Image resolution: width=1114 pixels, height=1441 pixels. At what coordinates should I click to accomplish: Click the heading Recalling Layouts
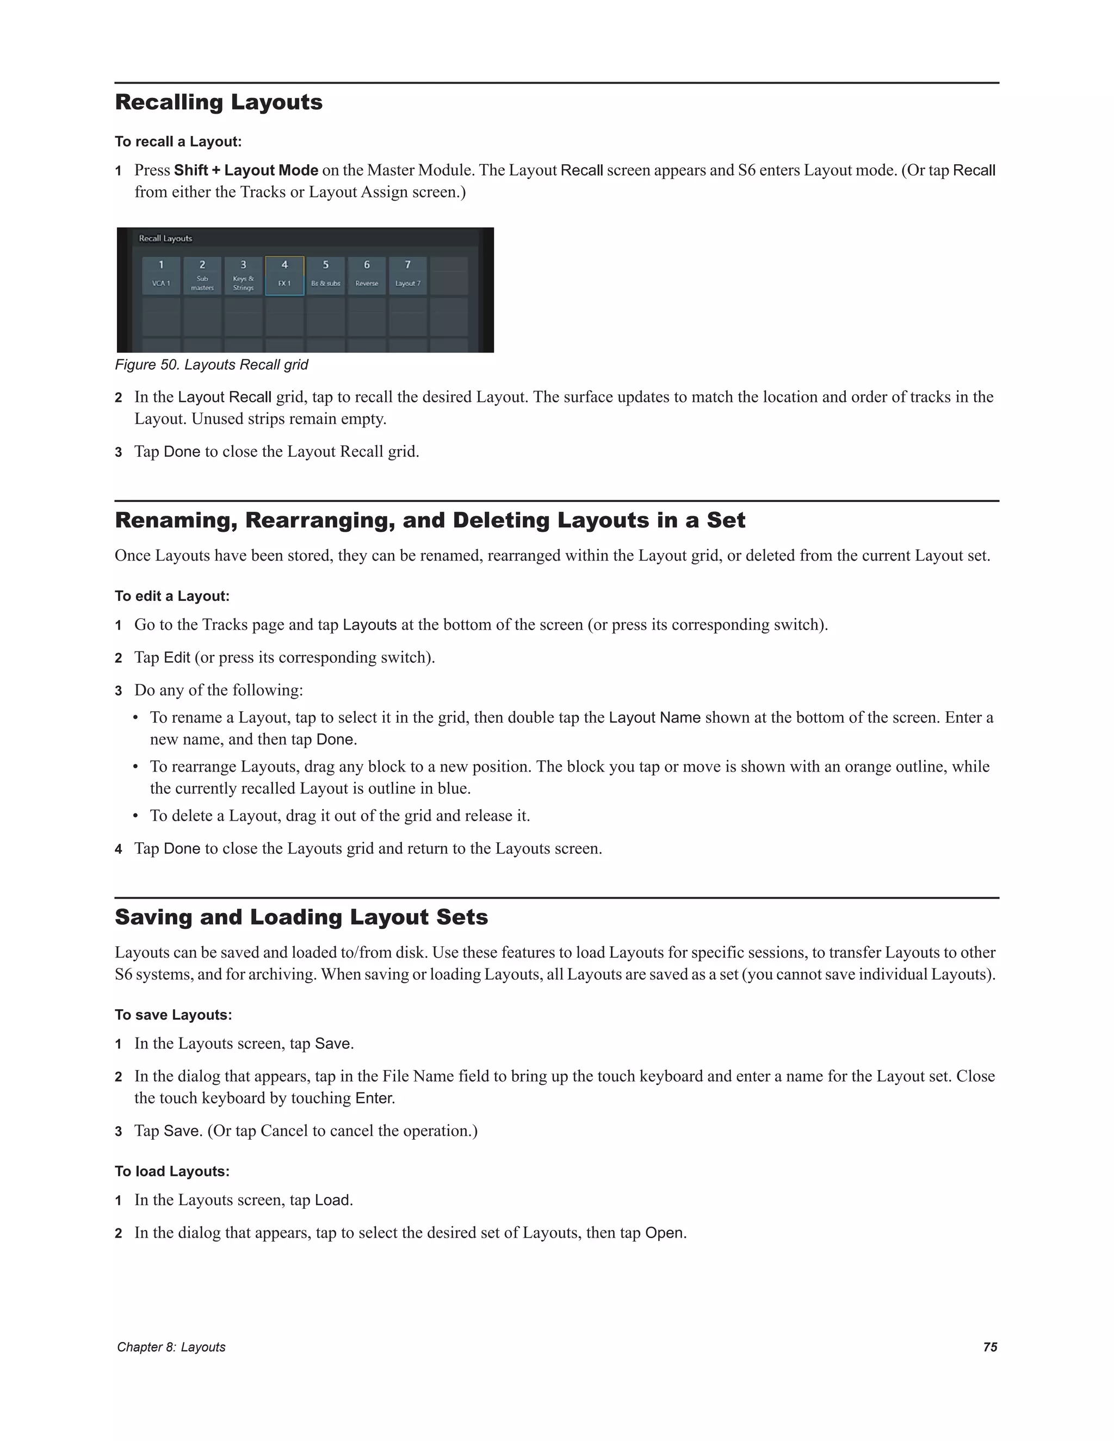(219, 102)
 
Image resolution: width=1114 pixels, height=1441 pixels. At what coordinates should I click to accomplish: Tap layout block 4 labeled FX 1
(284, 275)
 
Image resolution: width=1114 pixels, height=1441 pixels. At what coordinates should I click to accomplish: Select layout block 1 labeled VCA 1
(161, 275)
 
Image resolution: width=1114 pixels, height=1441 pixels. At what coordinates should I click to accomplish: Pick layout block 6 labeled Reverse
(367, 275)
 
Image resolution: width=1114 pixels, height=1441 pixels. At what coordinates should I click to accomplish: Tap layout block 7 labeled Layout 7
(408, 275)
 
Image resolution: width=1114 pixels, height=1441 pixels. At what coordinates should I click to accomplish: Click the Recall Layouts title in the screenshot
(166, 238)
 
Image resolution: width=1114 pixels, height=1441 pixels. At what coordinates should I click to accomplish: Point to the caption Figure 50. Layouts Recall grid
(211, 365)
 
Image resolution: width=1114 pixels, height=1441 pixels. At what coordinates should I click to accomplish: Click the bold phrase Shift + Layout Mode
(246, 170)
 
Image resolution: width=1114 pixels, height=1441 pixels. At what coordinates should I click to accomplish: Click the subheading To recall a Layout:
(178, 142)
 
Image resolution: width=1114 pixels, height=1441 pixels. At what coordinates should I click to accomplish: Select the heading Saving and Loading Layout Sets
(301, 917)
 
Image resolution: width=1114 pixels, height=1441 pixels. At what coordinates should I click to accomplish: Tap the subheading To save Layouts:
(174, 1015)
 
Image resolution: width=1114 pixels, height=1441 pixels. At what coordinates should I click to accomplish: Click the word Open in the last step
(664, 1233)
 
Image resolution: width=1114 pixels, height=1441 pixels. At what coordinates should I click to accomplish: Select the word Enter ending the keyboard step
(374, 1098)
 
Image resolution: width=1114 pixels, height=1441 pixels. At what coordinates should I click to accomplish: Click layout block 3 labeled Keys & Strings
(244, 275)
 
